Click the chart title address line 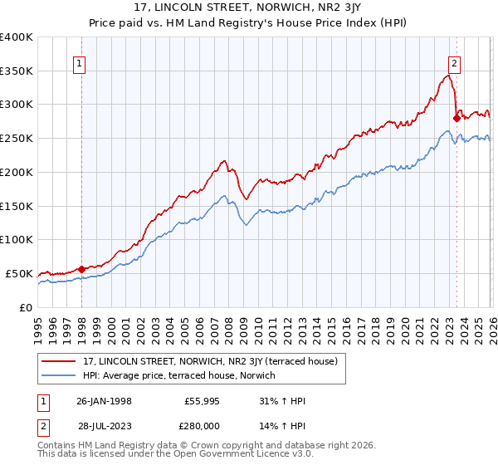(x=249, y=7)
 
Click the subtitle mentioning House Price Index (x=249, y=22)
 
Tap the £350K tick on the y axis (x=17, y=71)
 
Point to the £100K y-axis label (x=17, y=240)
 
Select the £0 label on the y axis (x=25, y=307)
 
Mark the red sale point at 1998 (x=82, y=269)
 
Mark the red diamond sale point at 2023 (x=456, y=118)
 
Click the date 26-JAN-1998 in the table (x=104, y=401)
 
